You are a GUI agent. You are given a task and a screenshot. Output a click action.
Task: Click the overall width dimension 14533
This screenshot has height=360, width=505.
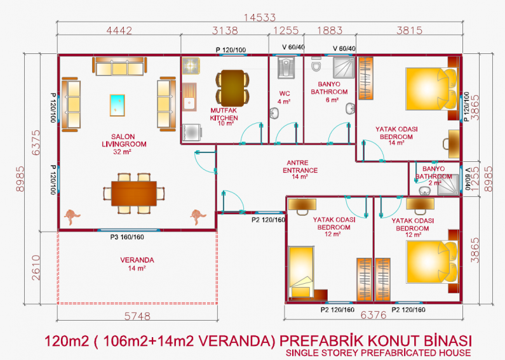click(260, 17)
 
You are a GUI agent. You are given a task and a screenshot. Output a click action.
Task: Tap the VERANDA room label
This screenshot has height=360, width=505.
click(137, 263)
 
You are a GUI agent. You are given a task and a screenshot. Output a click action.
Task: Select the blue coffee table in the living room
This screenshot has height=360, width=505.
click(118, 105)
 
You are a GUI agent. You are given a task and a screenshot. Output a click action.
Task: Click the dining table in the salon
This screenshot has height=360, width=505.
click(134, 194)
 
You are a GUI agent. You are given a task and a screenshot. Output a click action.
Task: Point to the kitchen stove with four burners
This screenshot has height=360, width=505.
click(191, 65)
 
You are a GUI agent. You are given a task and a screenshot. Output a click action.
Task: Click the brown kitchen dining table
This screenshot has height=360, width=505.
click(232, 88)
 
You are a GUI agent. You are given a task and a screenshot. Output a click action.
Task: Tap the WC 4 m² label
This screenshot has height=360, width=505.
click(285, 97)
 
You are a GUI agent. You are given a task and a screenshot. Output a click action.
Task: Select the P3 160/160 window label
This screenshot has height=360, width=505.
click(127, 237)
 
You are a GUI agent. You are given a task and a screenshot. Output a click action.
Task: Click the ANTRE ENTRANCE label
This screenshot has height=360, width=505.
click(300, 170)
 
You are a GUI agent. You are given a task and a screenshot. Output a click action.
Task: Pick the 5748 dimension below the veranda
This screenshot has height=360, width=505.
click(137, 316)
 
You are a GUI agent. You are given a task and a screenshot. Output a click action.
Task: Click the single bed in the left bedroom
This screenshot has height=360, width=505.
click(301, 272)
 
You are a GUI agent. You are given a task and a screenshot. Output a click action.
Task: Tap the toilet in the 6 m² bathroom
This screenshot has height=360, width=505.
click(316, 64)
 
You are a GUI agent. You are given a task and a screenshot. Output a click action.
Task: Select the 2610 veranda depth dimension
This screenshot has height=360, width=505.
click(36, 267)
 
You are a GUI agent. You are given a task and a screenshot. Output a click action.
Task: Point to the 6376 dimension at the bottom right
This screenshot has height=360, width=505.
click(374, 314)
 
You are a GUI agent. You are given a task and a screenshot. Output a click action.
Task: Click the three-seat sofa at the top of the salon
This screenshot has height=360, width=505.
click(119, 66)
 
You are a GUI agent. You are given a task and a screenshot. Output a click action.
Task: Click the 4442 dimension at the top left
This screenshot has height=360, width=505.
click(119, 30)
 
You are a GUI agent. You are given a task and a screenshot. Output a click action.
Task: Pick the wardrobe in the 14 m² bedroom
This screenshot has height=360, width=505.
click(366, 78)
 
